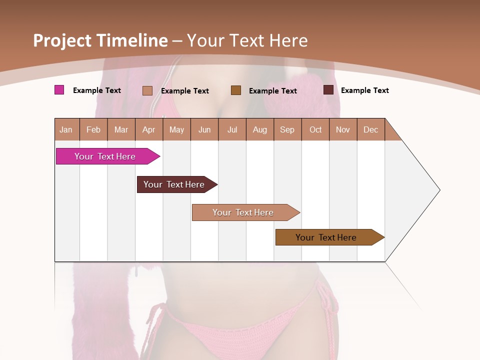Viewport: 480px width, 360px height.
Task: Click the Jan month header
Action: pyautogui.click(x=66, y=129)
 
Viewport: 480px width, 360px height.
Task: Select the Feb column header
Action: pyautogui.click(x=93, y=129)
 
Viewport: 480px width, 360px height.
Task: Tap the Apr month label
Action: pyautogui.click(x=148, y=129)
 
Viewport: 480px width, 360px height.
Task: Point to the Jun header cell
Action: pyautogui.click(x=204, y=129)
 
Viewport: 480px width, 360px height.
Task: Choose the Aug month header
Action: pyautogui.click(x=260, y=129)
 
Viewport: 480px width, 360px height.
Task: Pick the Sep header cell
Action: pyautogui.click(x=287, y=129)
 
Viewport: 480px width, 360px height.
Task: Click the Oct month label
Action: pyautogui.click(x=315, y=129)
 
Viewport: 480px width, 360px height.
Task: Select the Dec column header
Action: pyautogui.click(x=371, y=129)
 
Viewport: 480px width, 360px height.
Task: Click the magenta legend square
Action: pyautogui.click(x=59, y=90)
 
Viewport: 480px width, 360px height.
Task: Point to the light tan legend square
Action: pyautogui.click(x=147, y=90)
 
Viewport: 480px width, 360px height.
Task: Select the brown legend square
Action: pyautogui.click(x=236, y=90)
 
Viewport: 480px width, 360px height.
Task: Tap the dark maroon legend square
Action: pyautogui.click(x=328, y=90)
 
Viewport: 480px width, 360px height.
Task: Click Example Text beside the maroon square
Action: pyautogui.click(x=364, y=90)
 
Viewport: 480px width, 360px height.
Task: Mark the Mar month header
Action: pyautogui.click(x=121, y=129)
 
